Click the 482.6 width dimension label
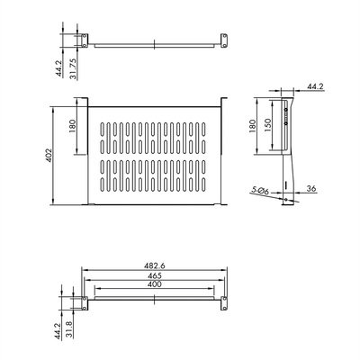(x=154, y=265)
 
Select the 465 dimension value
(x=155, y=275)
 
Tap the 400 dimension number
(x=155, y=283)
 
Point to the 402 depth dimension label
(x=49, y=155)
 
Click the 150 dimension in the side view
(x=268, y=124)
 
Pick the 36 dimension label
(x=312, y=189)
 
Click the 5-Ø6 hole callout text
(x=260, y=191)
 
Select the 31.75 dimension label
(x=73, y=68)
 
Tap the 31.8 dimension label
(x=69, y=329)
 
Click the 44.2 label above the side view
(x=316, y=86)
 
